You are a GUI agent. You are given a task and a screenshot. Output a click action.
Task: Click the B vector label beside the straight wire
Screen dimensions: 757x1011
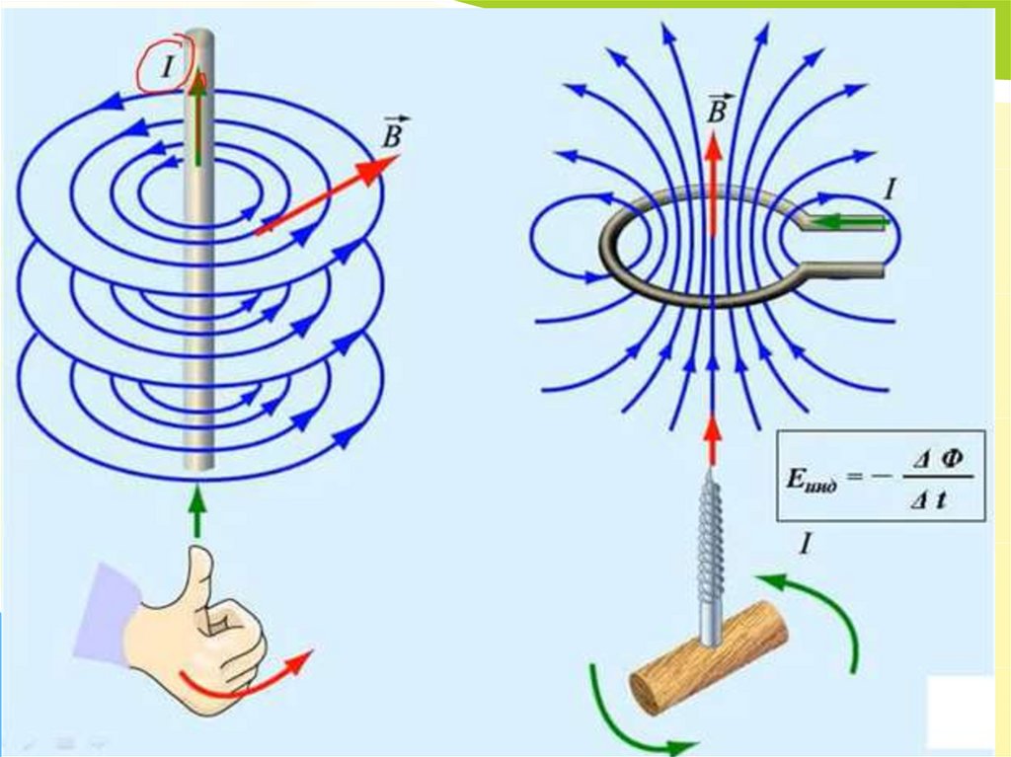(395, 133)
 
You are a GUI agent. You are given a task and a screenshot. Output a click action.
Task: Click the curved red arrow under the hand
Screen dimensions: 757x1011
(247, 680)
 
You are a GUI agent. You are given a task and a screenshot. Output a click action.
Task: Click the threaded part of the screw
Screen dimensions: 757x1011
(711, 539)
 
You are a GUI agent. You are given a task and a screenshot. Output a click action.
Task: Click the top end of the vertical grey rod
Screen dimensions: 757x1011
(199, 39)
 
